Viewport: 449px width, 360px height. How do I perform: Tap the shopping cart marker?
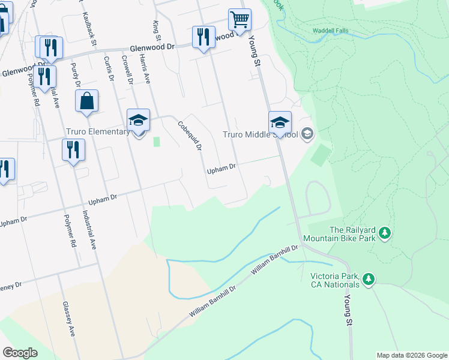tap(240, 19)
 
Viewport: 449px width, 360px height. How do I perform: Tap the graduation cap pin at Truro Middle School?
tap(280, 123)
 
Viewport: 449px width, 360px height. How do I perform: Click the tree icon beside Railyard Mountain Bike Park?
tap(385, 233)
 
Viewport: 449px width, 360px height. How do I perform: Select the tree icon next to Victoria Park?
tap(369, 278)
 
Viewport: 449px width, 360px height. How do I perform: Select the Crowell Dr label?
tap(127, 71)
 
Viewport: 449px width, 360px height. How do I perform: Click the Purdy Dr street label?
tap(75, 76)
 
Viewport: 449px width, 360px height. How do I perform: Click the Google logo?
tap(20, 353)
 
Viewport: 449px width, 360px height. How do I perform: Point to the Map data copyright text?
tap(411, 355)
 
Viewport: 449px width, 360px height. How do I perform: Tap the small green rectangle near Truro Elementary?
tap(157, 142)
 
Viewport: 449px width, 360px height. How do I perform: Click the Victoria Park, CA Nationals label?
tap(334, 280)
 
